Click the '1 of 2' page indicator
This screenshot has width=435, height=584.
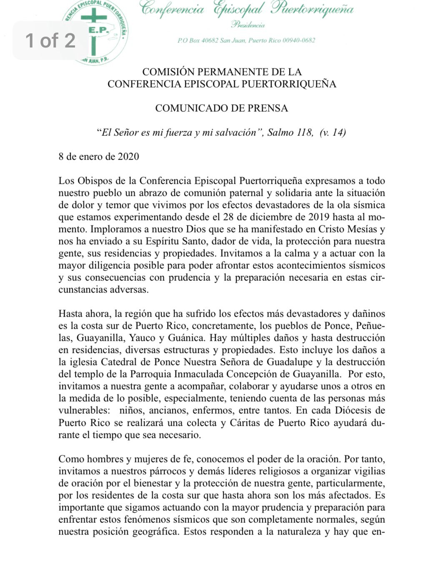pos(50,40)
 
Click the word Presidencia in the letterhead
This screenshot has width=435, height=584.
pos(248,25)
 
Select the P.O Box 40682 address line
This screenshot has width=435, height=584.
pos(246,40)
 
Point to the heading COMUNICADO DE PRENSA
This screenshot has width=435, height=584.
pos(221,108)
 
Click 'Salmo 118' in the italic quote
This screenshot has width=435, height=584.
pos(290,132)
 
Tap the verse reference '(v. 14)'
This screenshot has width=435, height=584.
pos(332,132)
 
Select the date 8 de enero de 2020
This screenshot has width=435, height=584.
pos(99,157)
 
